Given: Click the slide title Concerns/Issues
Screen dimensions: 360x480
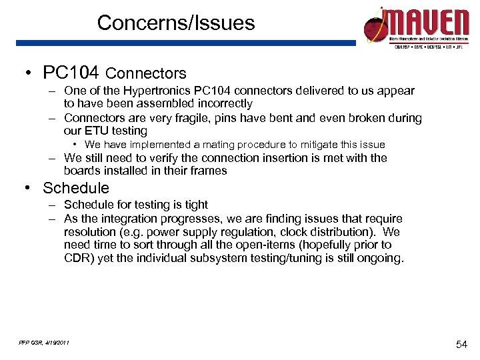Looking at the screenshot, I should (176, 23).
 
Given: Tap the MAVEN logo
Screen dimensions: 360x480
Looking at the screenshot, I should (416, 27).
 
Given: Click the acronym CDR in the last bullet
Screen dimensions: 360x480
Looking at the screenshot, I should (77, 259).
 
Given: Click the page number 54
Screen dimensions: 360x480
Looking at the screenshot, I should (462, 344).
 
